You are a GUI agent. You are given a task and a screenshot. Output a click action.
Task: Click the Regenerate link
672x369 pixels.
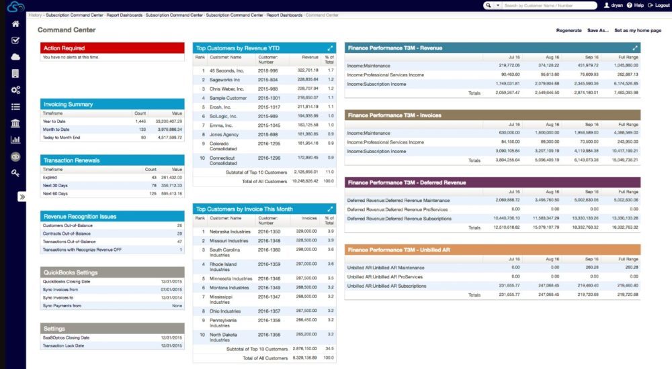coord(569,30)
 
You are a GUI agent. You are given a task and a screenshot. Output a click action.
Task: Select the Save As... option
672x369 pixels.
coord(597,30)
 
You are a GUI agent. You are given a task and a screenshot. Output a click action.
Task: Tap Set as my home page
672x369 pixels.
coord(638,30)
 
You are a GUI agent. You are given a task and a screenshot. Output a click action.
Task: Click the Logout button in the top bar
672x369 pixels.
coord(657,5)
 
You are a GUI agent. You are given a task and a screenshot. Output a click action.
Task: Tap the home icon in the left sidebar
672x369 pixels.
coord(15,24)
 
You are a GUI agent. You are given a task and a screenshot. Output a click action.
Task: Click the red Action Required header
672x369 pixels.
coord(112,48)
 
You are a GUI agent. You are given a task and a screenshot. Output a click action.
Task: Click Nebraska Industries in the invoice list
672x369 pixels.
coord(230,231)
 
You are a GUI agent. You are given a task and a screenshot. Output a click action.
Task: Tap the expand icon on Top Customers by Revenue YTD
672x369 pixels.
coord(329,48)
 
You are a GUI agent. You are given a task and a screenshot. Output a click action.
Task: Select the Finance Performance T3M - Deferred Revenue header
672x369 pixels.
coord(492,182)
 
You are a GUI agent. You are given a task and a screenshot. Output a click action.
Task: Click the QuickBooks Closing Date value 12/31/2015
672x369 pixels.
coord(169,281)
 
